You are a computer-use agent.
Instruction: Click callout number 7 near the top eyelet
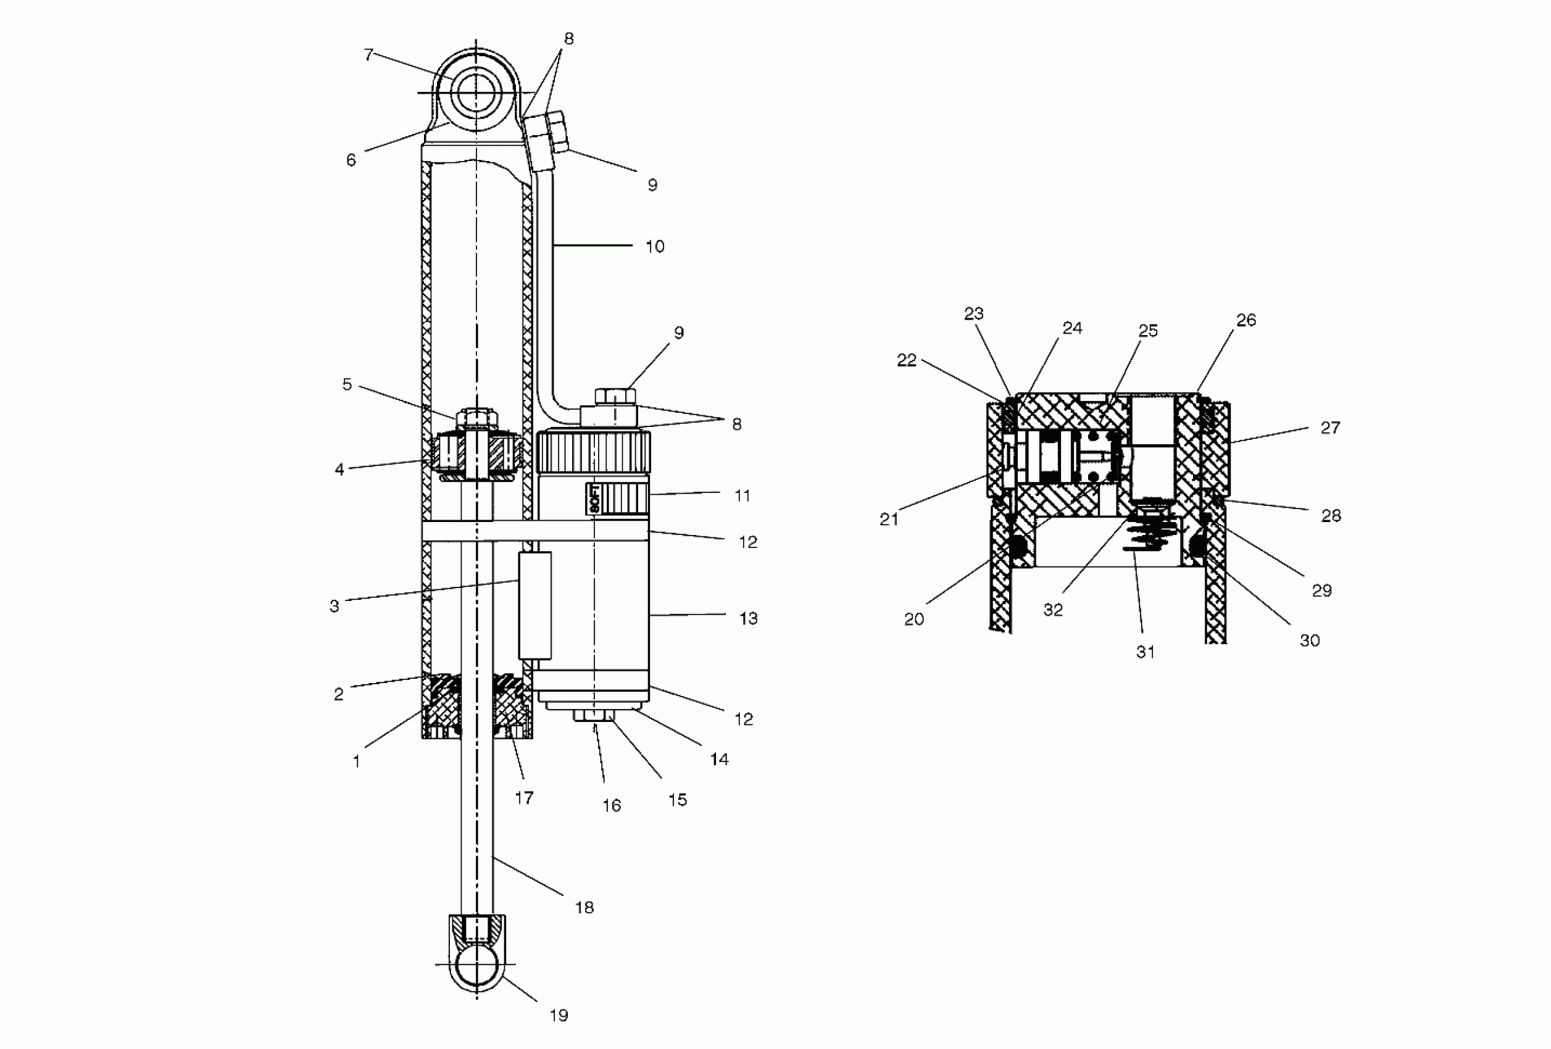368,55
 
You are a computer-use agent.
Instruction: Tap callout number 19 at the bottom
559,1015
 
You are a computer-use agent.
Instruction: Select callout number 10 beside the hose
655,247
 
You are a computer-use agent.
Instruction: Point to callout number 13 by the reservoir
748,618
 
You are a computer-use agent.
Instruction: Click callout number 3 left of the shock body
335,607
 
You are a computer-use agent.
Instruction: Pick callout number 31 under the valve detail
1146,652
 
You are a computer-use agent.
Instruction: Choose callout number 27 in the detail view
1330,428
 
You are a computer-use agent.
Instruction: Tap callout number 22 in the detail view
906,360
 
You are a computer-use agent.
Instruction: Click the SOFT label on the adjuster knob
594,499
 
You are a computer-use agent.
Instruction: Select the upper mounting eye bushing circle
476,92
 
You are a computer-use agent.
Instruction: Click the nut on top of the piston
476,418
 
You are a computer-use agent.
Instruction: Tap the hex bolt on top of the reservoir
615,396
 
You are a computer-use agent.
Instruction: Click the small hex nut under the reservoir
593,715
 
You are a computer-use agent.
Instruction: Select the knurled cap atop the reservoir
593,452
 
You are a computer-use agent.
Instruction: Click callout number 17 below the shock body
524,797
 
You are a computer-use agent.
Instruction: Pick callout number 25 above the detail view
1148,331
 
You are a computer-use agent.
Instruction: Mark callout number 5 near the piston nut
347,384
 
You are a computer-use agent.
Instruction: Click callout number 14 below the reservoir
719,759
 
